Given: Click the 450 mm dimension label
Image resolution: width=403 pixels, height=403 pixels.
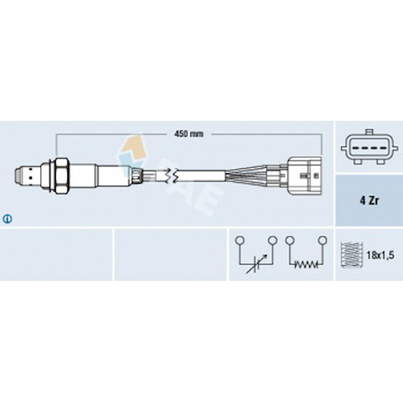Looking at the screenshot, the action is (x=189, y=134).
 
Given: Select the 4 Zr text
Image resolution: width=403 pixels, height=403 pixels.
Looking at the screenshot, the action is (x=369, y=201).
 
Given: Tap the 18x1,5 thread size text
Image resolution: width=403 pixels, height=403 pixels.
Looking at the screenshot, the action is (x=380, y=255).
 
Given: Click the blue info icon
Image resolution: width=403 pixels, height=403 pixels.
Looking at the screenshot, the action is (x=8, y=219).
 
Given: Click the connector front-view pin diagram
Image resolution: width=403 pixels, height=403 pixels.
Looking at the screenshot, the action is (x=370, y=147).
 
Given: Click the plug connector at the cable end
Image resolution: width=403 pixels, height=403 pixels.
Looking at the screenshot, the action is (x=304, y=176).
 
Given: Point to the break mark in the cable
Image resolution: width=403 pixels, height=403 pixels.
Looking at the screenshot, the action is (x=171, y=176).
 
